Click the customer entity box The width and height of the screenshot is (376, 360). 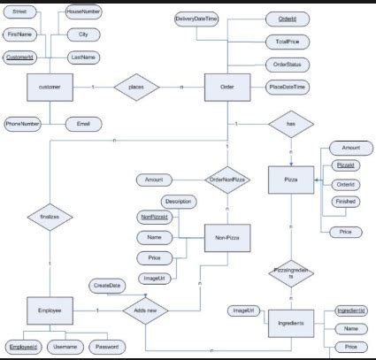click(49, 88)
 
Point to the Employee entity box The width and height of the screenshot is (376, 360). click(50, 311)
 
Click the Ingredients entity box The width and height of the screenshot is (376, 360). click(291, 324)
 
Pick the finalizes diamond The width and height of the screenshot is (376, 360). click(50, 215)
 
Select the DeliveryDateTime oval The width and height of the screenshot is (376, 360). click(196, 19)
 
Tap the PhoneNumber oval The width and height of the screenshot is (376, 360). click(23, 124)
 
